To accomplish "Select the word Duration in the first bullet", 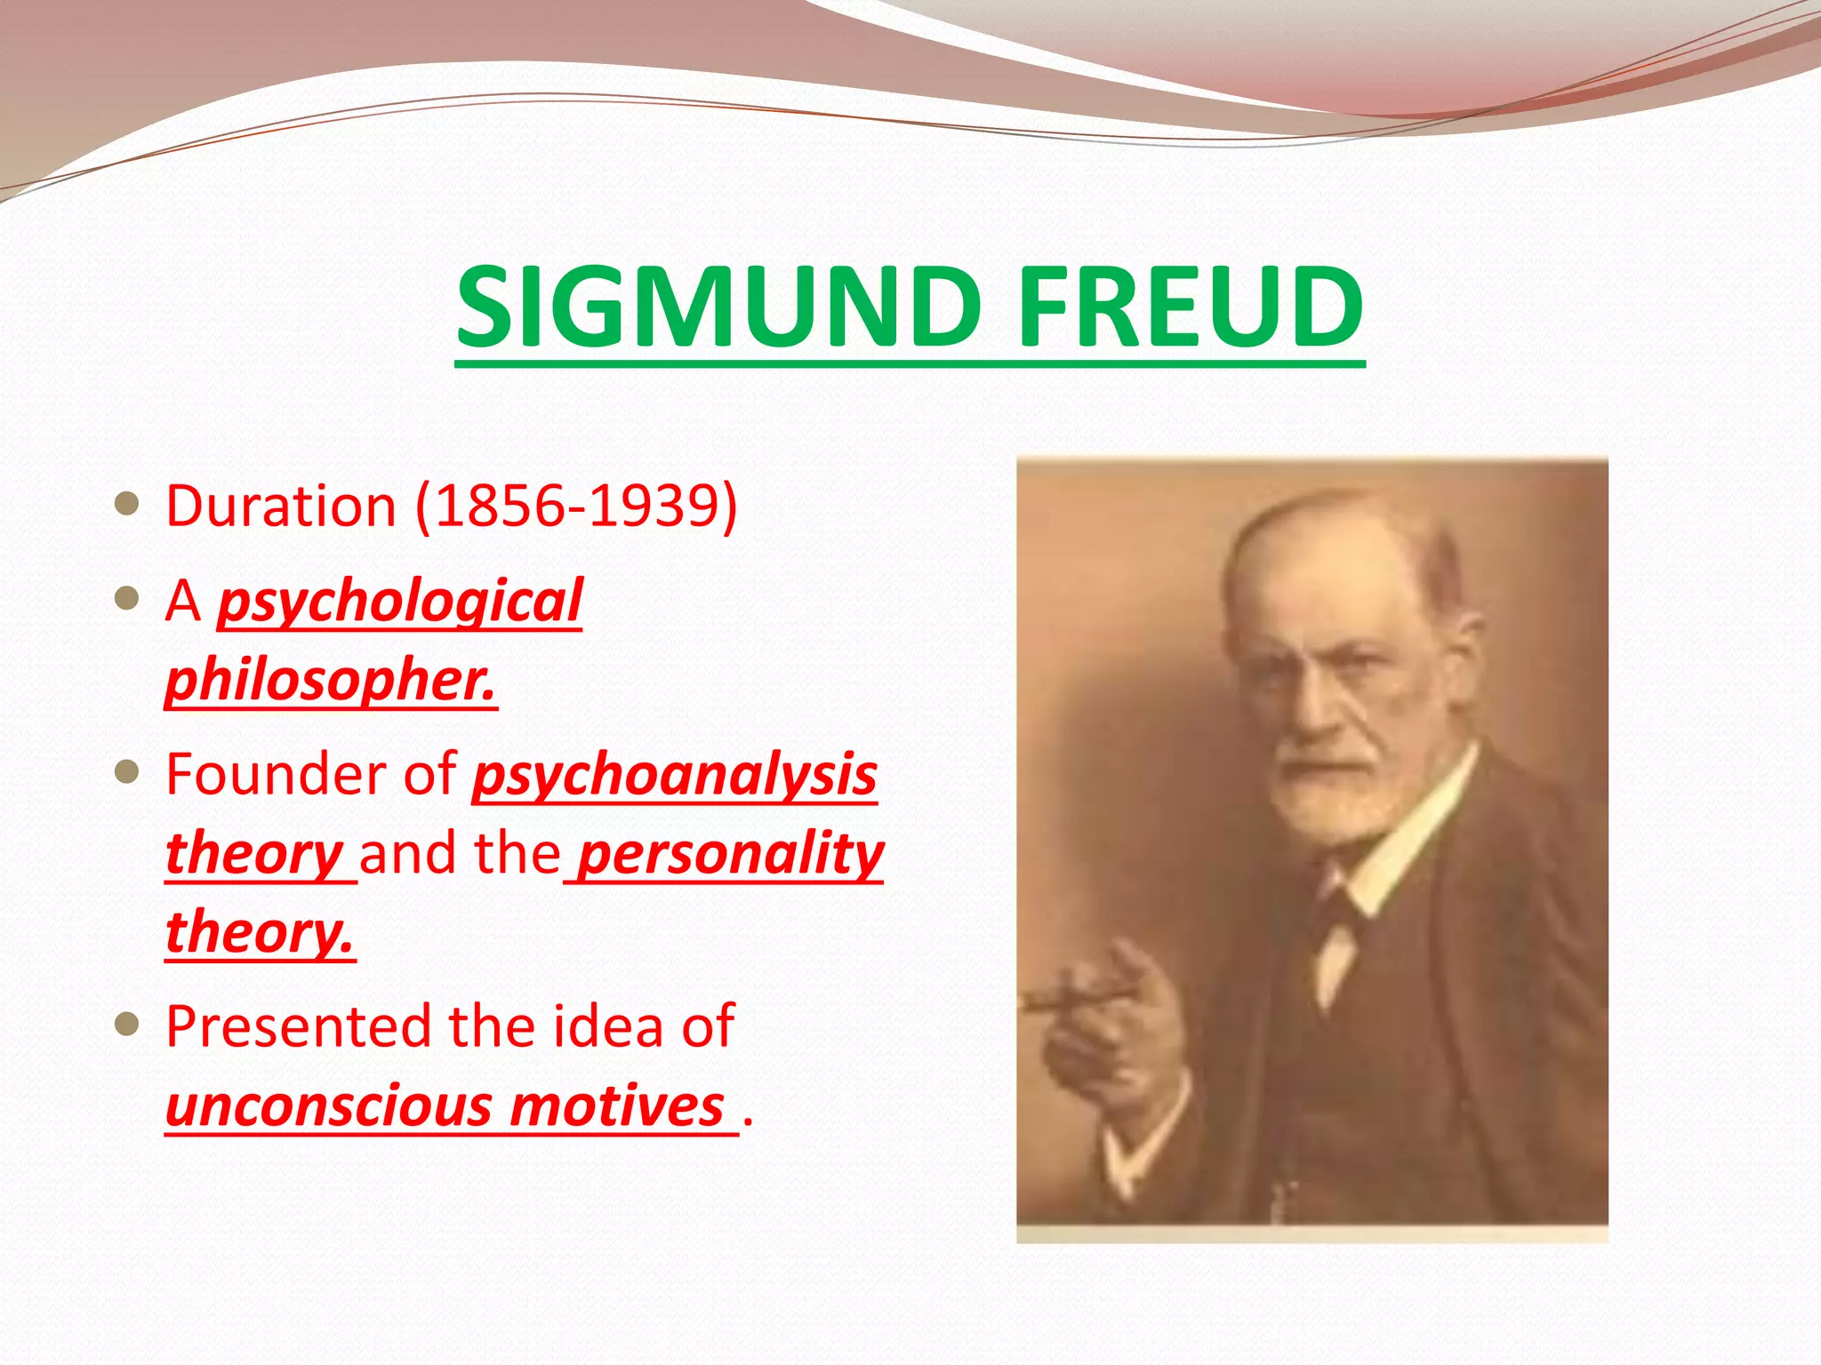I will tap(281, 507).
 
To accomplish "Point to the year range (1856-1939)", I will tap(577, 507).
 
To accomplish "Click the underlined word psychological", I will tap(400, 602).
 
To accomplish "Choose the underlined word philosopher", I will tap(331, 680).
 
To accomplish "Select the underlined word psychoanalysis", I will tap(675, 774).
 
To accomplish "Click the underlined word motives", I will tap(618, 1106).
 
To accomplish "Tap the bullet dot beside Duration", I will tap(128, 504).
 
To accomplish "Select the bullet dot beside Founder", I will tap(128, 771).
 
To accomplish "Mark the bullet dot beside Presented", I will tap(128, 1025).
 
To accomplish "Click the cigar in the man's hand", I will tap(1067, 1000).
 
